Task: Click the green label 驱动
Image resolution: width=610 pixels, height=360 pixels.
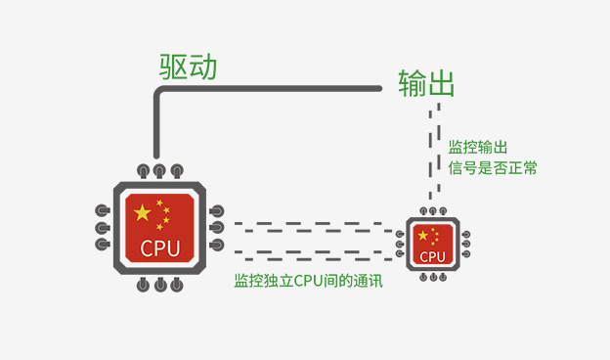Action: point(188,67)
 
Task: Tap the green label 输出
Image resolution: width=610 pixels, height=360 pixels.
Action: point(426,83)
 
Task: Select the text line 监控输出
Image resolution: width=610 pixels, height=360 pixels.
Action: point(477,147)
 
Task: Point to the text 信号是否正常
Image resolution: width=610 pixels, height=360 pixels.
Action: point(493,167)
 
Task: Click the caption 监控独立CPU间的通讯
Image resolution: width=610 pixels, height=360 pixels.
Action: point(308,281)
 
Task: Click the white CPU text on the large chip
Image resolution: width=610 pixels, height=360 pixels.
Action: point(159,247)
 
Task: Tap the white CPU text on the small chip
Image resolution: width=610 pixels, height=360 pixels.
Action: point(432,256)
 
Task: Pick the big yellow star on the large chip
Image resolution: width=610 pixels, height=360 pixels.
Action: point(143,212)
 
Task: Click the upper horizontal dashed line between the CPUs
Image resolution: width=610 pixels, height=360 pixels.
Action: point(308,229)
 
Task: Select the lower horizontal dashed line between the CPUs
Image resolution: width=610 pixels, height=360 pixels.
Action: point(308,256)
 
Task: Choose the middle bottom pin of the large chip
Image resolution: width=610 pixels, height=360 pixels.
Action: point(159,286)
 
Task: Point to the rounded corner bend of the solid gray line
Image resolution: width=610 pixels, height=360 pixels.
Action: point(158,93)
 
